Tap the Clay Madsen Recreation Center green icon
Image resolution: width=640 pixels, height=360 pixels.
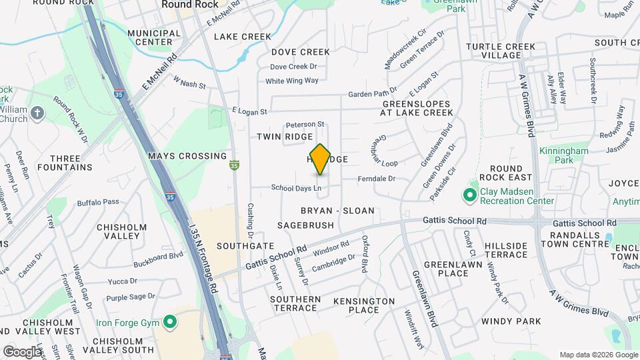tap(470, 195)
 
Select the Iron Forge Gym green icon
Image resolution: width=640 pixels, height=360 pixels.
tap(170, 323)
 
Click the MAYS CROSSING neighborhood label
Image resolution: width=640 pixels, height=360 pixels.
tap(187, 156)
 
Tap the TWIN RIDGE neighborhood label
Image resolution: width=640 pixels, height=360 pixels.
tap(285, 137)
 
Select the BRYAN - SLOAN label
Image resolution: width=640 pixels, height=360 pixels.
tap(337, 211)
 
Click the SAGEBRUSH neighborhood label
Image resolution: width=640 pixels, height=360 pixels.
tap(305, 225)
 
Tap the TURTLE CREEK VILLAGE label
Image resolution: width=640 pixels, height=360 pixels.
tap(501, 51)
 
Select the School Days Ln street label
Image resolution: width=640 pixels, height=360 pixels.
tap(296, 189)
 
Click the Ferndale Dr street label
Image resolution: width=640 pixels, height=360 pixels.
tap(377, 179)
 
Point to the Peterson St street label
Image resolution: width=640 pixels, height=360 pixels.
tap(305, 125)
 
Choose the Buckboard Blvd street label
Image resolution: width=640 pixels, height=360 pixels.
tap(157, 255)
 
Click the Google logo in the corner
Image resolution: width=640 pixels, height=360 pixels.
tap(22, 351)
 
